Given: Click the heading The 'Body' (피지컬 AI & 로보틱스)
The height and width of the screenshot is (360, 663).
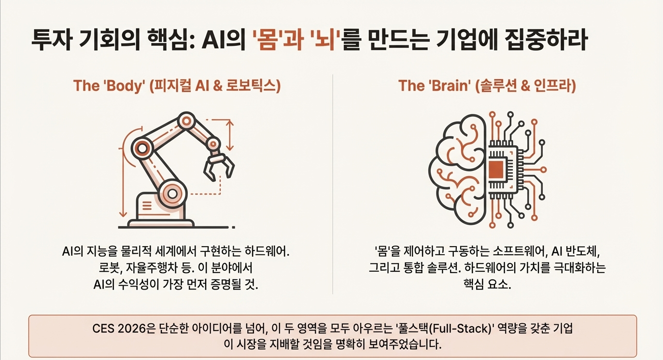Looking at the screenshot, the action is pyautogui.click(x=177, y=86).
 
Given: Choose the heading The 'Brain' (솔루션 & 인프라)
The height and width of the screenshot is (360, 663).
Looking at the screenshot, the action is pyautogui.click(x=487, y=86).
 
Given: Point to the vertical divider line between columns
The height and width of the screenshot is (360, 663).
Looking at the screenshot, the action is pyautogui.click(x=333, y=183).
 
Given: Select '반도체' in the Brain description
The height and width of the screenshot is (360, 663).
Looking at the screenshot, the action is pyautogui.click(x=585, y=251).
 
